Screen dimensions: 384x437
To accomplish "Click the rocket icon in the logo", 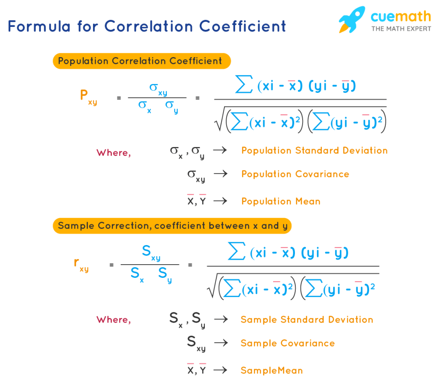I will tap(352, 20).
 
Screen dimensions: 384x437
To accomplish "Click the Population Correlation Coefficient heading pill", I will tap(141, 61).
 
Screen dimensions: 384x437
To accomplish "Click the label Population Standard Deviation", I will tap(315, 150).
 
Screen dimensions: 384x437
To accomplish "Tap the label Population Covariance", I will tap(295, 174).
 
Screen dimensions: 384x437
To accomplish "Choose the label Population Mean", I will tap(281, 201).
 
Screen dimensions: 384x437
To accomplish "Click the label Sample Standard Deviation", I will tap(307, 320).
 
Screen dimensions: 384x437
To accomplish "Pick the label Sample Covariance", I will tap(288, 343).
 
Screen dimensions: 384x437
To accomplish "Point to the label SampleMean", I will tap(271, 370).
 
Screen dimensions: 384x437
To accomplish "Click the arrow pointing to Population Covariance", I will tap(220, 174).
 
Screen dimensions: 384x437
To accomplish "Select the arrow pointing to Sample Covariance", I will tap(220, 343).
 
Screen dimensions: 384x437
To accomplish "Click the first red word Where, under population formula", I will tap(114, 153).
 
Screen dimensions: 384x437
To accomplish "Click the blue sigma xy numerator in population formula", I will tap(157, 88).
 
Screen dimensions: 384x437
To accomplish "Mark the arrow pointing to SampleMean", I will tap(220, 370).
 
